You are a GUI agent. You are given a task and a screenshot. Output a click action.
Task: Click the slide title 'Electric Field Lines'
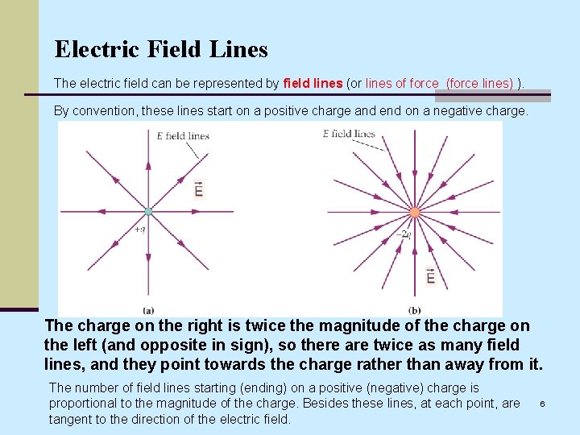161,49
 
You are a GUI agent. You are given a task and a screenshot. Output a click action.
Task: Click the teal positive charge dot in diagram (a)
148,212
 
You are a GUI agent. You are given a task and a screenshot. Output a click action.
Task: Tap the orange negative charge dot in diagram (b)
414,213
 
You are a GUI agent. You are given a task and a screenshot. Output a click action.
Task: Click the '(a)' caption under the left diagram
148,309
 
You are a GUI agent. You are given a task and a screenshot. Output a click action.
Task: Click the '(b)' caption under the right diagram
414,309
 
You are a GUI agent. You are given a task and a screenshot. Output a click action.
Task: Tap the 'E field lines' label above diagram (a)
183,135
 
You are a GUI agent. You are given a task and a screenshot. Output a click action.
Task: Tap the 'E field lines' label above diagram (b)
349,134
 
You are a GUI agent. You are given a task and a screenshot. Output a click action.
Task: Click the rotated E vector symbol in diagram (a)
199,188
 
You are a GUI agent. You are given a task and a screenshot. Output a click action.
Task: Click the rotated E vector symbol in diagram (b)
431,275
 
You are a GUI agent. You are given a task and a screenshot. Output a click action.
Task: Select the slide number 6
543,403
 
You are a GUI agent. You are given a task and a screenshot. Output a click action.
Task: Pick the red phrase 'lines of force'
402,83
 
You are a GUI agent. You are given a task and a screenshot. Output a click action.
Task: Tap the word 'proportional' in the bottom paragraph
85,403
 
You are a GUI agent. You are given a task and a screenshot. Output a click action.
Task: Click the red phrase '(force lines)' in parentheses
480,83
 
